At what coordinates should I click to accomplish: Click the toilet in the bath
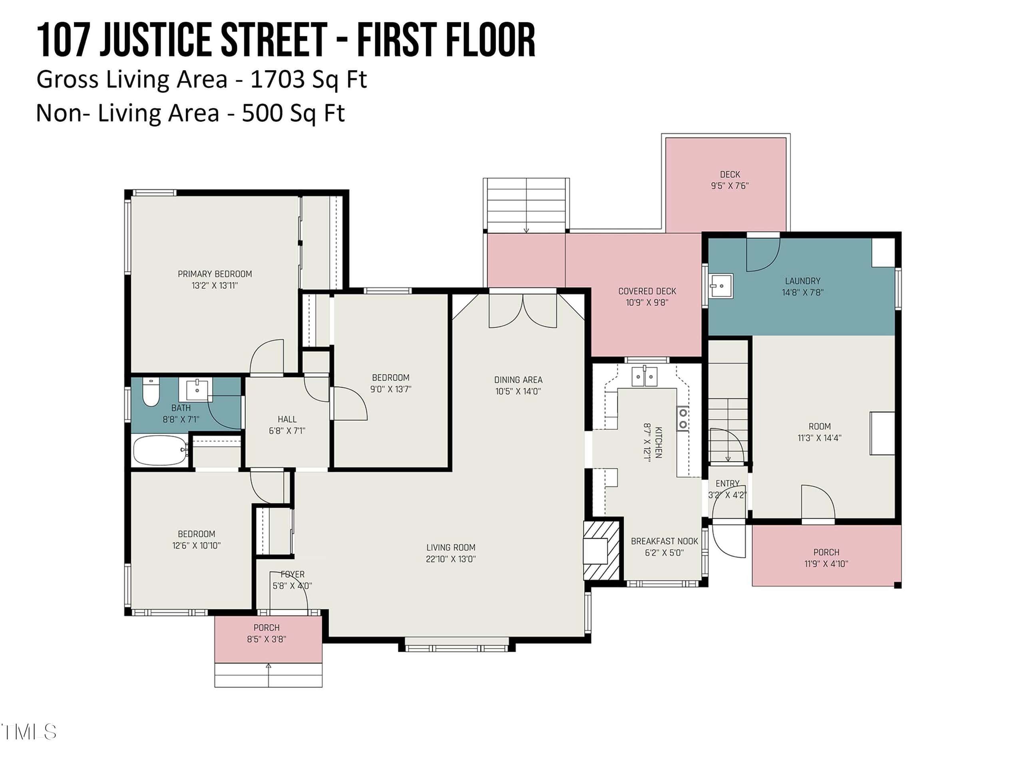[x=151, y=392]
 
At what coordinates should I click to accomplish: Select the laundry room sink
[x=721, y=286]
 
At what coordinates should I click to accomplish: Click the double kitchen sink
[x=645, y=376]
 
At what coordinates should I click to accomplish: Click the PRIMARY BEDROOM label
[x=215, y=274]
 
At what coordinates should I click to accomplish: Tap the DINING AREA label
[x=518, y=380]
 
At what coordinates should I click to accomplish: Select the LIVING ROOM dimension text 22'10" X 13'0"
[x=451, y=558]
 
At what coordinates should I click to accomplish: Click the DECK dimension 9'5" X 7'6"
[x=730, y=186]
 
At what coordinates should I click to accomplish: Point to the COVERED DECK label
[x=647, y=291]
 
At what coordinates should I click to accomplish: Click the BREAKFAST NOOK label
[x=665, y=541]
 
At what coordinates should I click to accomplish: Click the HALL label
[x=287, y=419]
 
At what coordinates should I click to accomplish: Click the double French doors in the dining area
[x=523, y=311]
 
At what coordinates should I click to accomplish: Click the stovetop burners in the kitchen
[x=683, y=419]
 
